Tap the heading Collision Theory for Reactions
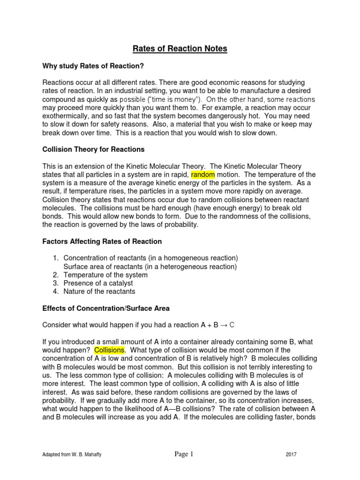[93, 150]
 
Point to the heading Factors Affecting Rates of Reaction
[102, 241]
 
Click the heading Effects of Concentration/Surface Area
[106, 308]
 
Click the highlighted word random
[203, 175]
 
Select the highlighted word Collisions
[109, 350]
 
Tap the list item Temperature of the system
[105, 275]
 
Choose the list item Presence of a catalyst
[98, 283]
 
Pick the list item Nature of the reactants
[99, 292]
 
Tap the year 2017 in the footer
[292, 455]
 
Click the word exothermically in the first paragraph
[67, 116]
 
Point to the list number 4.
[55, 292]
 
